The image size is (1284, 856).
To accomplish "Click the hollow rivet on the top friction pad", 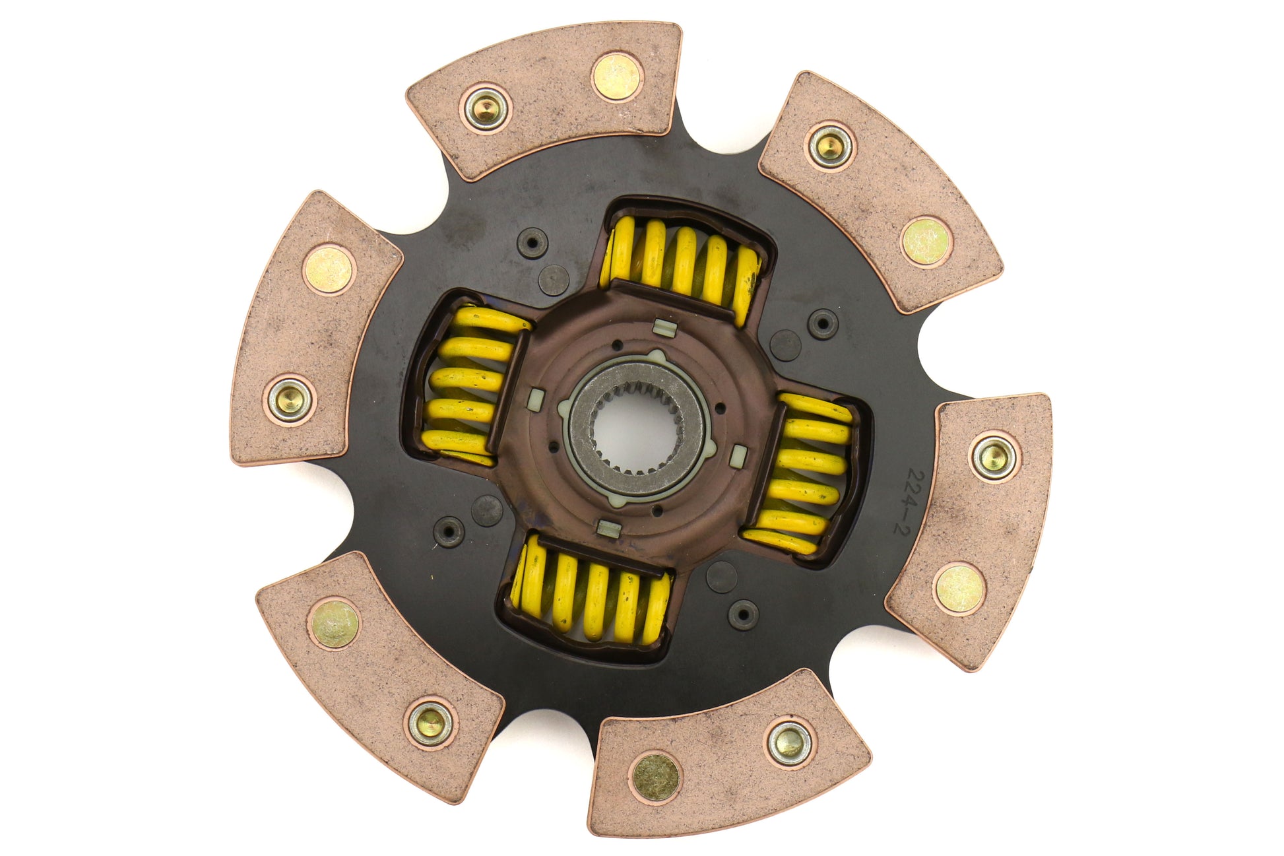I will point(487,110).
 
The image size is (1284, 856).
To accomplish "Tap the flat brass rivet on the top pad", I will point(616,77).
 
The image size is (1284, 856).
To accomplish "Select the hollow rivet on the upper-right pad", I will point(830,146).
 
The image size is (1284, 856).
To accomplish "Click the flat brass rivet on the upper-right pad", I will point(925,242).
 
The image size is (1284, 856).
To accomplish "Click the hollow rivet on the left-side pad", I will point(290,399).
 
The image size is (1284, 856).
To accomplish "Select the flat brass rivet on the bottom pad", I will point(655,776).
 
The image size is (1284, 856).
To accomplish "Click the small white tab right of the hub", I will point(739,453).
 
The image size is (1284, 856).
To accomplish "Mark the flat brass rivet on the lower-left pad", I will point(333,624).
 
